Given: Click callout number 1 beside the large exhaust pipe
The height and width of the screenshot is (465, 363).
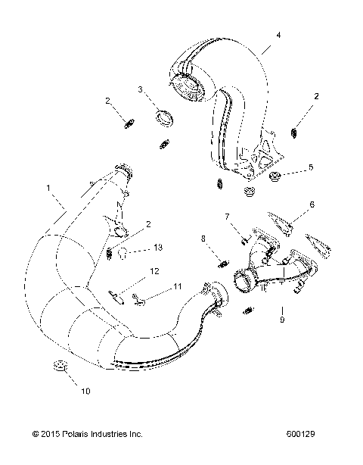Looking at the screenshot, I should (x=27, y=187).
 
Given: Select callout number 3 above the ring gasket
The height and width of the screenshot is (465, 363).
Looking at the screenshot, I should (x=140, y=89).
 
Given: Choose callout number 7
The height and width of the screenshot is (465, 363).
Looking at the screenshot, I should (x=225, y=218).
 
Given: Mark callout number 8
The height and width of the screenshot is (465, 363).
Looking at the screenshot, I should (x=203, y=239).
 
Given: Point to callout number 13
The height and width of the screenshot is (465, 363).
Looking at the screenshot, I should (x=157, y=248).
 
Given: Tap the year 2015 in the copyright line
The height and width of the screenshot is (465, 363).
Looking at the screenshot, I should (x=53, y=435).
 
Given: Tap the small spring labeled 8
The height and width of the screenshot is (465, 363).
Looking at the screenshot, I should (x=223, y=262).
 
